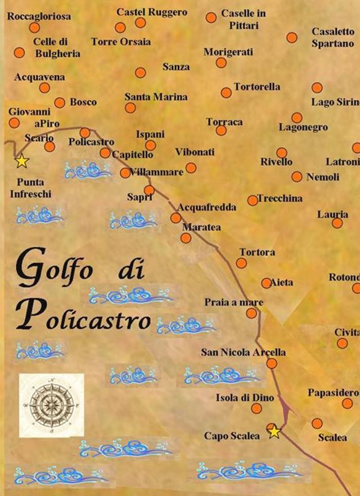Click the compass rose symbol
[51, 405]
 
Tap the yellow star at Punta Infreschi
[21, 161]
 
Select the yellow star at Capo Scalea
[275, 432]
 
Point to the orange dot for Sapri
[149, 190]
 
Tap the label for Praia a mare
[233, 302]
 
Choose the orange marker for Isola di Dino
[256, 409]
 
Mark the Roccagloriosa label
[39, 16]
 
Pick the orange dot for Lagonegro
[297, 118]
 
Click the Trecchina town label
[280, 198]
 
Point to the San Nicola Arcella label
[243, 352]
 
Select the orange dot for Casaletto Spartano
[292, 38]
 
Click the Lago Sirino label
[335, 102]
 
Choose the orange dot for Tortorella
[226, 93]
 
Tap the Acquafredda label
[207, 207]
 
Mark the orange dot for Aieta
[266, 283]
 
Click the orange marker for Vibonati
[191, 168]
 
